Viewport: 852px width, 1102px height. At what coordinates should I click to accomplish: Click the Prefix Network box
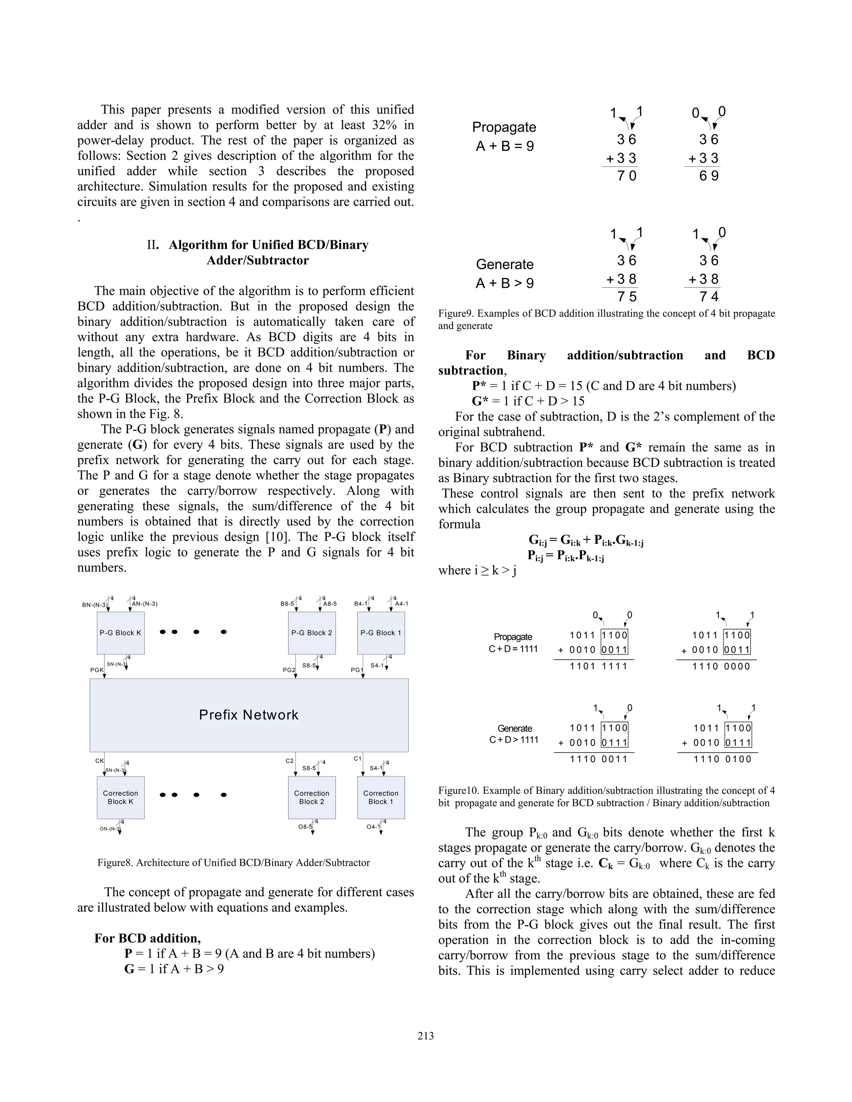click(249, 714)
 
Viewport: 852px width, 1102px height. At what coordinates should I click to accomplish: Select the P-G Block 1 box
click(381, 633)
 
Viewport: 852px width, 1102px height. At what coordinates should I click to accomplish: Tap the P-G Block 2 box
click(312, 633)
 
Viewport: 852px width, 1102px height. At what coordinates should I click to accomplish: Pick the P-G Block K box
click(121, 633)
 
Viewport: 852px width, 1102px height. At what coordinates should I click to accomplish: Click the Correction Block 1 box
click(381, 797)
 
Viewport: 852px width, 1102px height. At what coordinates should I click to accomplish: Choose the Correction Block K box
click(121, 797)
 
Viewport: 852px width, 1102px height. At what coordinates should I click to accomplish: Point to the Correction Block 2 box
click(312, 797)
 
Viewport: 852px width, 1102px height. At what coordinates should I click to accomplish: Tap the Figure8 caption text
click(233, 862)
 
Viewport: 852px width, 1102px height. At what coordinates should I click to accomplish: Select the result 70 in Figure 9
click(627, 176)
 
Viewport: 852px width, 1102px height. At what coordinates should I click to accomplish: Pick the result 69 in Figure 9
click(708, 176)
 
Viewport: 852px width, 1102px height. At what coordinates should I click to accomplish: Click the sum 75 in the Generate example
click(627, 297)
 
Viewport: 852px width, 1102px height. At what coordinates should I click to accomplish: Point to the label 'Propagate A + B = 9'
click(504, 137)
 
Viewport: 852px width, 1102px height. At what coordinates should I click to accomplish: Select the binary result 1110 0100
click(722, 759)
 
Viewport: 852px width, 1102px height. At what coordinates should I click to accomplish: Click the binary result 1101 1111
click(598, 666)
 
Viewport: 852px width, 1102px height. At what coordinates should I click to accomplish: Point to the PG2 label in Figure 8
click(289, 670)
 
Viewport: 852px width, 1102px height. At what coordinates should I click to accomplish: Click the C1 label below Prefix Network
click(357, 759)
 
